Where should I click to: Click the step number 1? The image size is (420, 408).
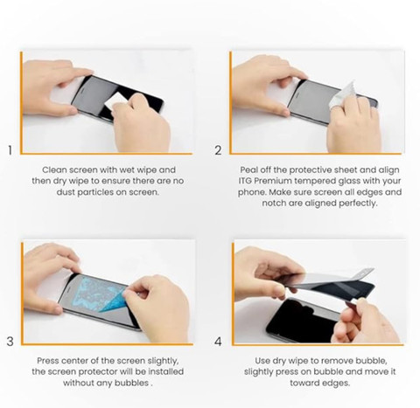[10, 150]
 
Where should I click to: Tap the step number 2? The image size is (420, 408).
[218, 150]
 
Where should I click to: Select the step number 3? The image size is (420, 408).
[10, 342]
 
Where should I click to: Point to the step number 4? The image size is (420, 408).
[218, 342]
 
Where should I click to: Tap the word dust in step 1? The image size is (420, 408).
[66, 192]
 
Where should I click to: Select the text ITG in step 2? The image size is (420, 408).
[245, 181]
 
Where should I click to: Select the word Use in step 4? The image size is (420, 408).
[262, 361]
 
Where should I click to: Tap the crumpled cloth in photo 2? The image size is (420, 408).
[343, 94]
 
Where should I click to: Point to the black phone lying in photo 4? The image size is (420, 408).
[304, 321]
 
